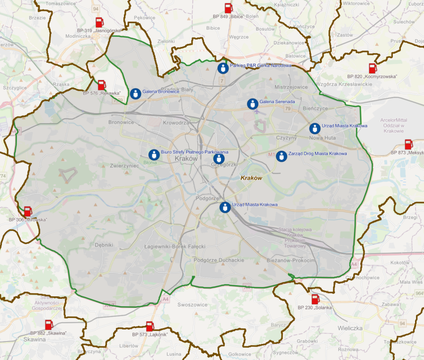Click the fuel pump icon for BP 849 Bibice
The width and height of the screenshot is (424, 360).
[x=228, y=8]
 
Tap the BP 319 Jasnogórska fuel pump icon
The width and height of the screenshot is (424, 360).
[x=99, y=22]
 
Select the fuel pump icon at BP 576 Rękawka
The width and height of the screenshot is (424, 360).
[x=102, y=85]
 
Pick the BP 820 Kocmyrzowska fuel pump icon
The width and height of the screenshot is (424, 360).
[x=373, y=68]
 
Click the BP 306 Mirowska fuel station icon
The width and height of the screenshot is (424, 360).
[x=28, y=212]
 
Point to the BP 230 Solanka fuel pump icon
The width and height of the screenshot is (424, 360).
[x=315, y=299]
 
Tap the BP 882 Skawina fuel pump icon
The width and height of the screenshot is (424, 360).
[x=49, y=325]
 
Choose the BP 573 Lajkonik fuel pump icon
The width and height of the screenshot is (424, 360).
[x=150, y=326]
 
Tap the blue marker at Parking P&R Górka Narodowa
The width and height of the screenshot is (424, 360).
[x=223, y=68]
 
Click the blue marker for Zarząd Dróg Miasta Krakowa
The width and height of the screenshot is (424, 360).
[x=281, y=156]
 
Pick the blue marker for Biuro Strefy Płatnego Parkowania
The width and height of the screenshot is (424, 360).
[x=154, y=155]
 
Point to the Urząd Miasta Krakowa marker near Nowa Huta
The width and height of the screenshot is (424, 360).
[x=315, y=128]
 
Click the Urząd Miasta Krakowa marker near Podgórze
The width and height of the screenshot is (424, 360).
[x=225, y=207]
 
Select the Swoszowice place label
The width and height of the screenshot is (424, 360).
[x=192, y=305]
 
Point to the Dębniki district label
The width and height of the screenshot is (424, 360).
[x=104, y=245]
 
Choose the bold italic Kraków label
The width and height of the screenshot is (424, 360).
[x=251, y=178]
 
